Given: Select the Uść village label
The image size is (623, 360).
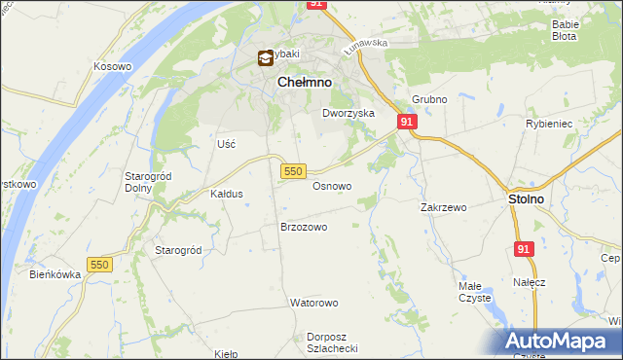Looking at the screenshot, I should point(227,143).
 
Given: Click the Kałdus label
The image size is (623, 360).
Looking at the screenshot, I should point(227,194).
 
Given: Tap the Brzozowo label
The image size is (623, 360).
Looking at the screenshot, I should point(304,227).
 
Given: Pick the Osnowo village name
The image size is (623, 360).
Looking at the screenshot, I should point(332,185).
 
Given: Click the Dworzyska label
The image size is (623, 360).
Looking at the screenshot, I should point(348,113).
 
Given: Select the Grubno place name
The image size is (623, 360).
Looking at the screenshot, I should point(429,99).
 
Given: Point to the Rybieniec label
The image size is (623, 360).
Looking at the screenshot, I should point(573,124).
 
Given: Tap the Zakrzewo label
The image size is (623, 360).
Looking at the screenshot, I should point(444,207).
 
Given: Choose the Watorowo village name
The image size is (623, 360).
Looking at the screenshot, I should point(312,303).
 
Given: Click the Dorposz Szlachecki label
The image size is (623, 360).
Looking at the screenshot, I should point(333,343).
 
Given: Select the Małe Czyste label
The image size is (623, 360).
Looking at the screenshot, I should point(475,292).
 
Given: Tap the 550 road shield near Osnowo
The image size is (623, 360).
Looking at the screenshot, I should point(294,171).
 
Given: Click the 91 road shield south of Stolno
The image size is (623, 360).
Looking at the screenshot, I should point(525,249).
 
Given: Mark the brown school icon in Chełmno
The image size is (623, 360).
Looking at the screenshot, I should point(265,58).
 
